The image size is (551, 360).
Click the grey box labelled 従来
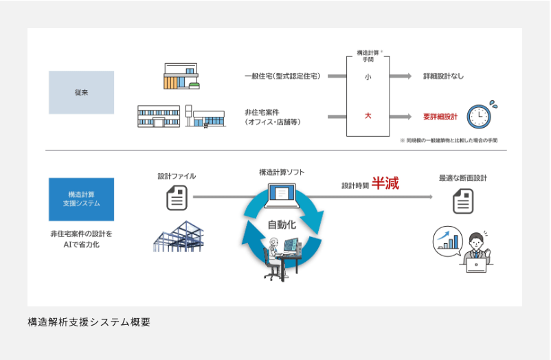81,92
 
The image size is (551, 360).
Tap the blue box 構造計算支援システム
81,199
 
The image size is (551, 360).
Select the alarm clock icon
481,115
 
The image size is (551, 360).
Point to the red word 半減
385,183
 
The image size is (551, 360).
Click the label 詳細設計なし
443,76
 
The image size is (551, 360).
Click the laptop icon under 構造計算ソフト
282,198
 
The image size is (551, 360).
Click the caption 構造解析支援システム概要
89,321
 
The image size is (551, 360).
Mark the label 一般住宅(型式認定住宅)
282,76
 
